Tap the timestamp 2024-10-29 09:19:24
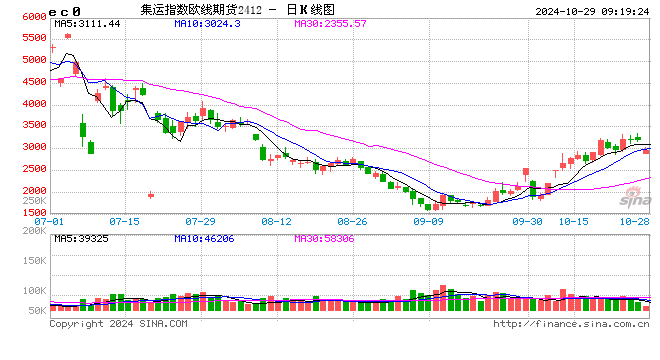click(x=591, y=10)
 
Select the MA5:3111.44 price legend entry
click(x=87, y=23)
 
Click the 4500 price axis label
click(x=31, y=82)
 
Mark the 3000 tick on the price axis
click(x=31, y=147)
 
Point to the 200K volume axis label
click(x=33, y=240)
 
